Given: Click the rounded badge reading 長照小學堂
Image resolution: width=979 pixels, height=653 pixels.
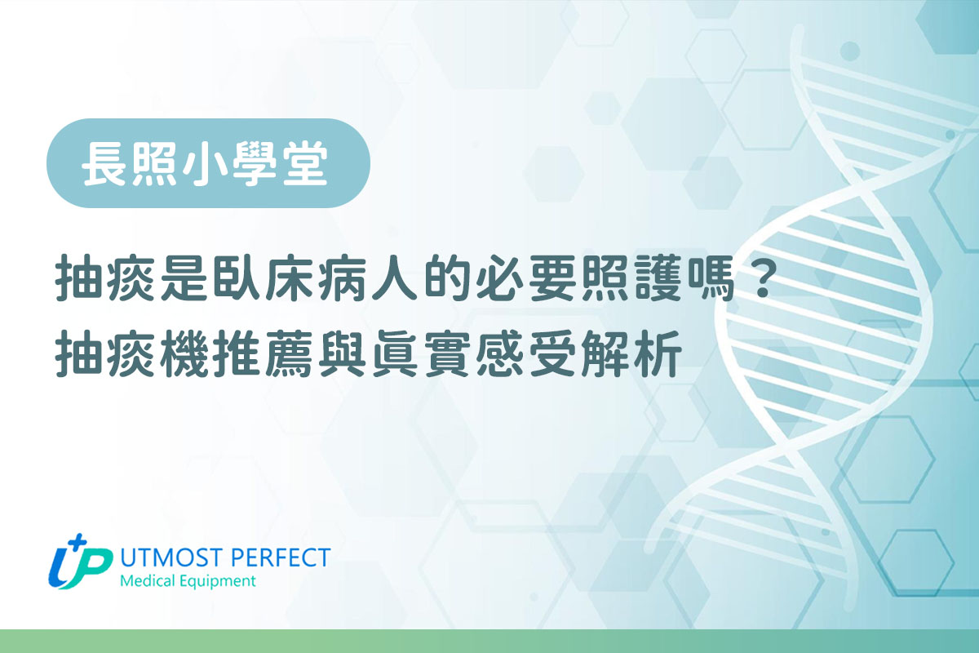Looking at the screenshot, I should coord(208,163).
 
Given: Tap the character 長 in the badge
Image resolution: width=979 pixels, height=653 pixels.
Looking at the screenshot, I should coord(104,164).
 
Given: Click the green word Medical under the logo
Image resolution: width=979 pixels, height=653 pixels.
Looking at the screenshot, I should coord(146,581).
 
